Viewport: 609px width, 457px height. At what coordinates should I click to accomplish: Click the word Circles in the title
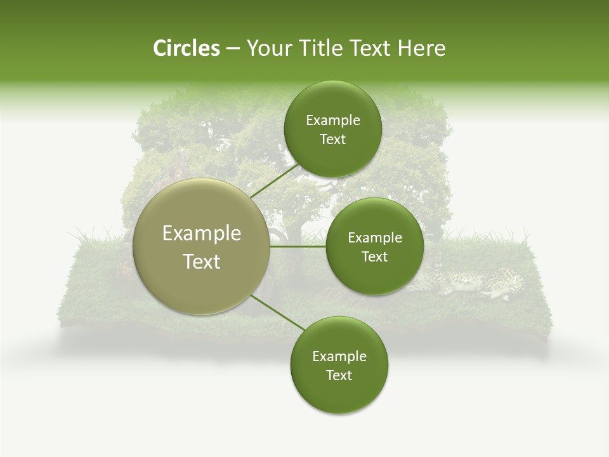click(x=186, y=48)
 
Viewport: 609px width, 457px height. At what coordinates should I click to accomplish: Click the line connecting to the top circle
click(x=274, y=181)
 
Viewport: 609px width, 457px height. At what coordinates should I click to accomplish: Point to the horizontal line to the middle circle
click(x=298, y=246)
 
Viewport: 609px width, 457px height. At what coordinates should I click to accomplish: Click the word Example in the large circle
click(x=202, y=234)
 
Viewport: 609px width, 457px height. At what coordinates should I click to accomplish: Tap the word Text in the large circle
click(x=202, y=262)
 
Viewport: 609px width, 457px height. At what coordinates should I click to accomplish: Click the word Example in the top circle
click(x=332, y=121)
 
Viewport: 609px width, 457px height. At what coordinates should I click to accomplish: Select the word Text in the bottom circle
click(x=339, y=375)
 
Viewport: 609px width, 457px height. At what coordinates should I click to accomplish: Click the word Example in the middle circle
click(x=374, y=238)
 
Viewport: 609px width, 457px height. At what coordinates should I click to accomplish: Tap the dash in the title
click(x=233, y=49)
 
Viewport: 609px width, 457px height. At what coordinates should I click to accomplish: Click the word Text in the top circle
click(x=332, y=140)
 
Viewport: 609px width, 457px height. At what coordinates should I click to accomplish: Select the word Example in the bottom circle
click(x=339, y=357)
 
